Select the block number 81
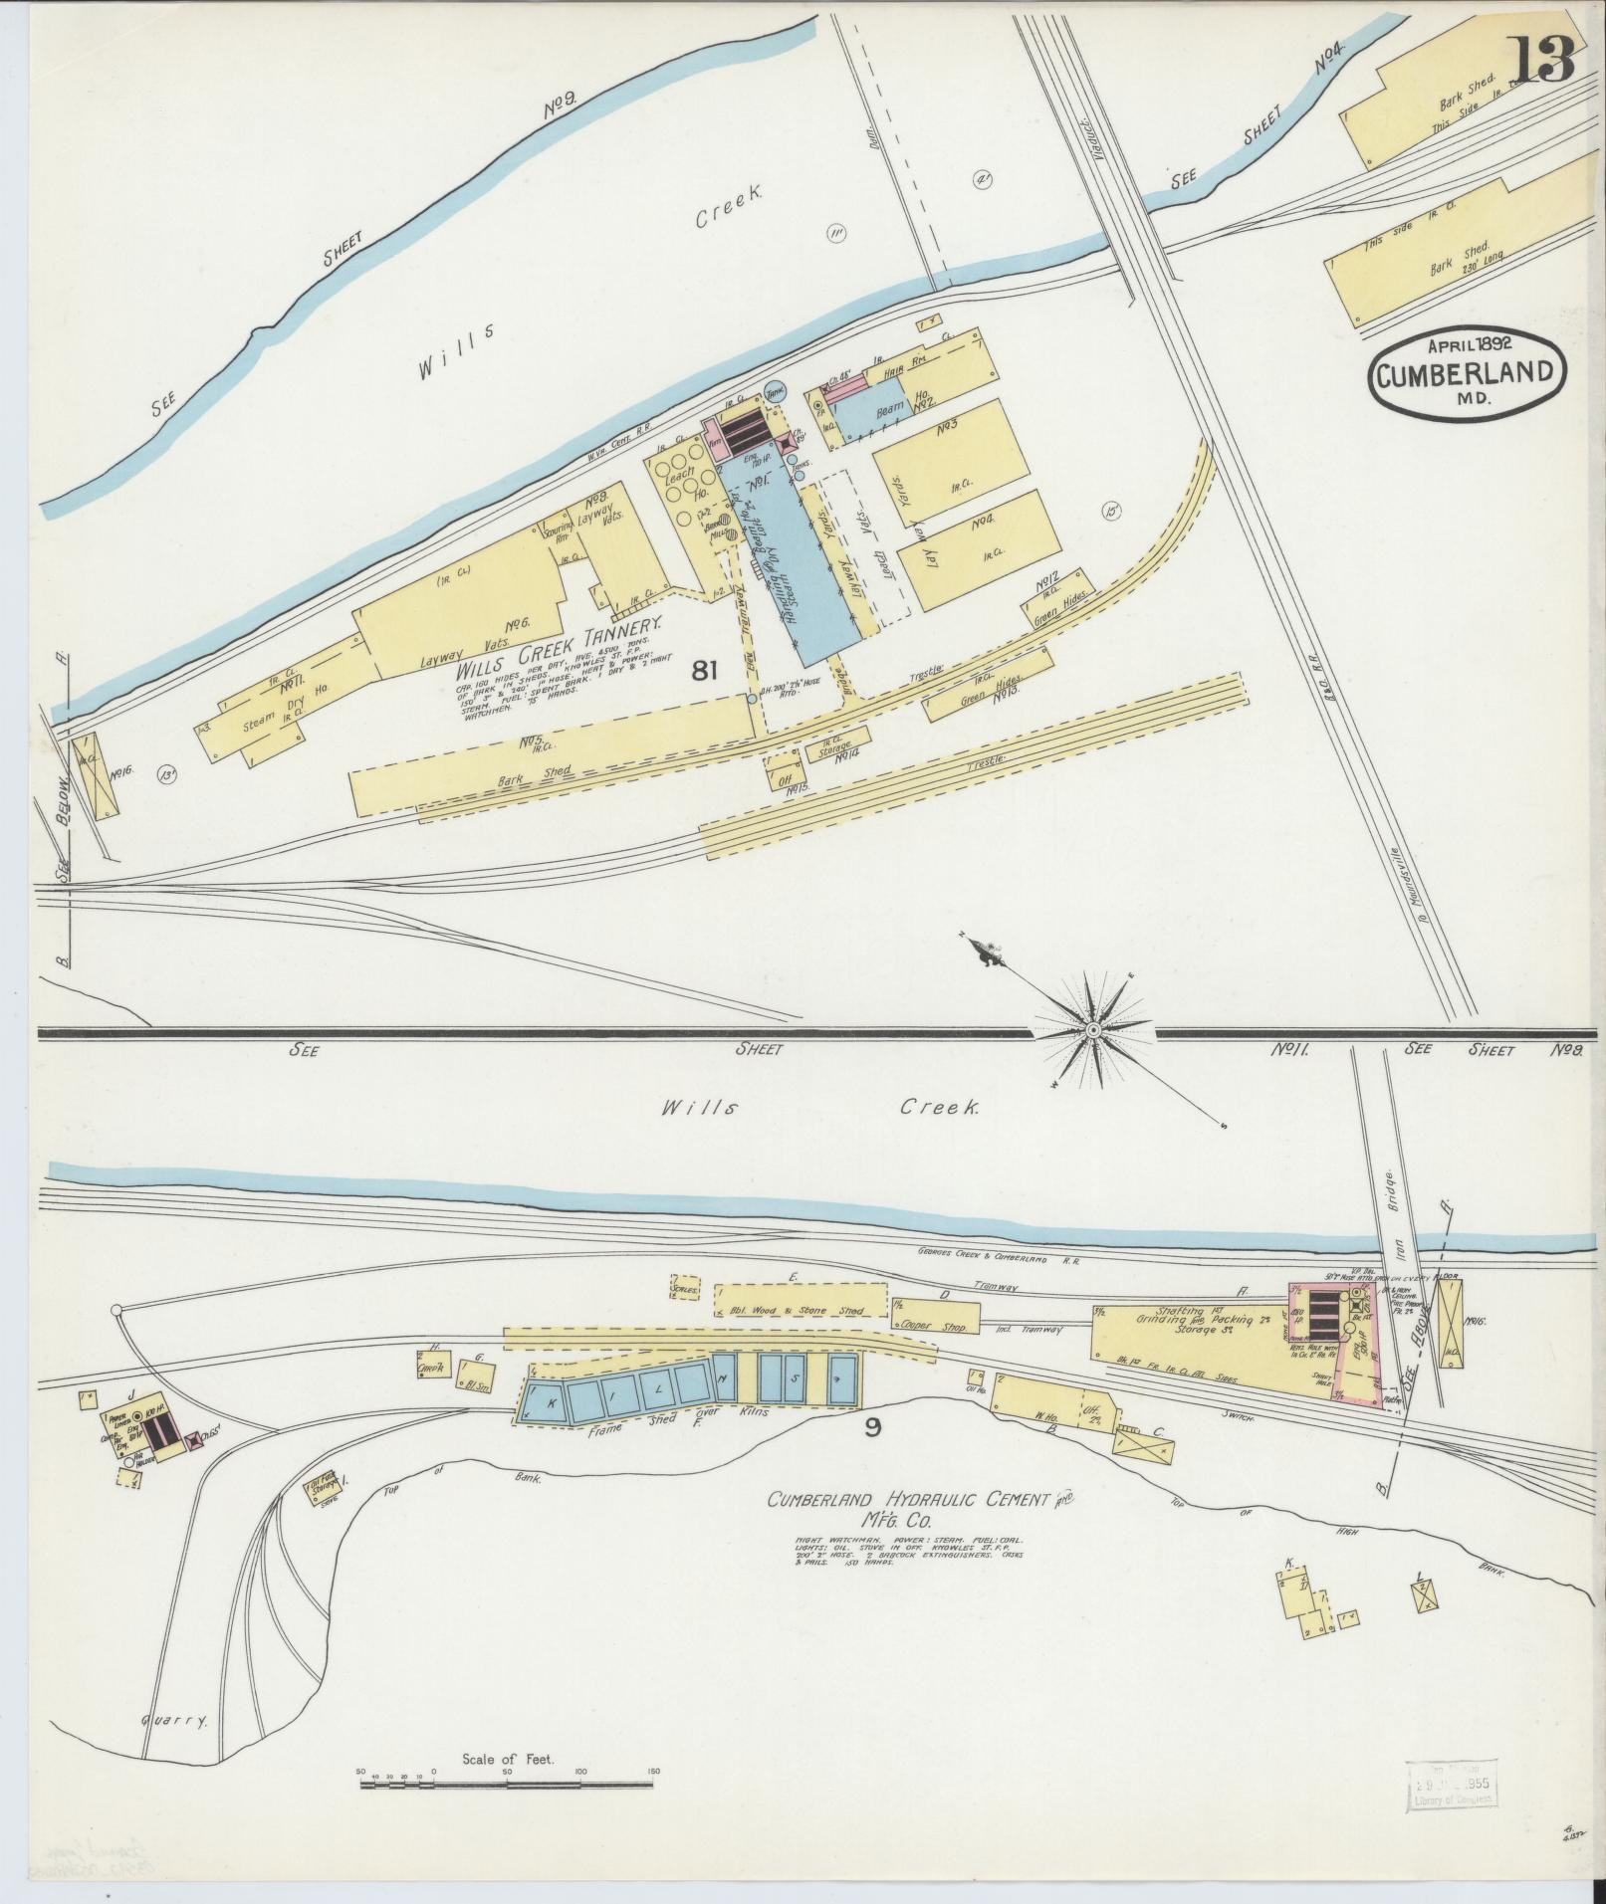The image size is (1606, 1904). coord(704,671)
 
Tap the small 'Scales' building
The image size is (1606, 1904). coord(684,1287)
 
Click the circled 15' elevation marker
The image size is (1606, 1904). coord(1110,512)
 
